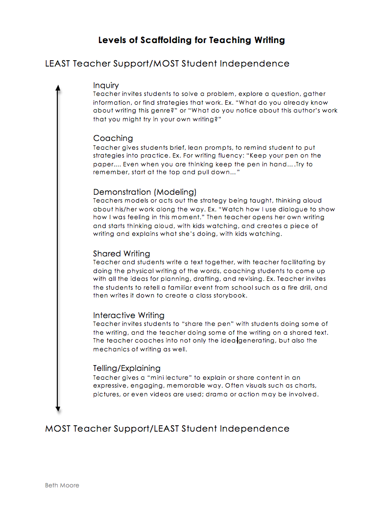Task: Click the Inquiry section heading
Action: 106,86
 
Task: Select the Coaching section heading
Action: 113,138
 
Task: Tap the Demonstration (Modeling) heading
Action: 144,192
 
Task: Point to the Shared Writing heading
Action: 121,253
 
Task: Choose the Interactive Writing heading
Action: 129,315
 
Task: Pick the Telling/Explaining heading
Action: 126,368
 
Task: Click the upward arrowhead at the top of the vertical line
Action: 58,88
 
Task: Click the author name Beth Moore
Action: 62,485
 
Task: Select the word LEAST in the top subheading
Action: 58,64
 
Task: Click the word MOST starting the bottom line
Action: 58,429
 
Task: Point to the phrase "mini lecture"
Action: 155,377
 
